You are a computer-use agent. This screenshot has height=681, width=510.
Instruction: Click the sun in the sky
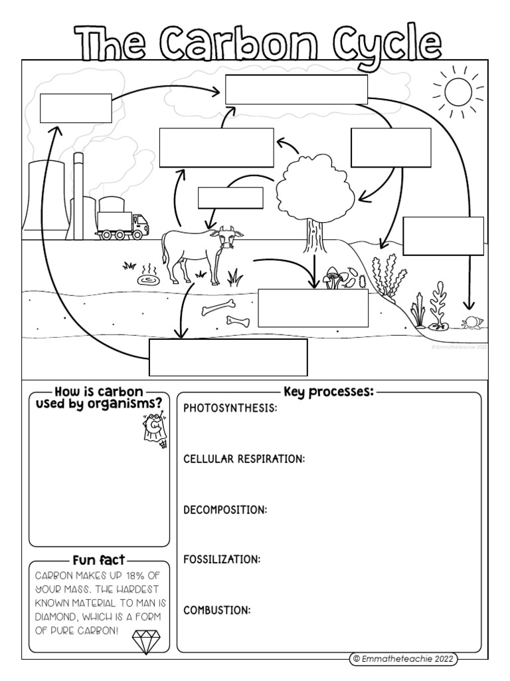458,92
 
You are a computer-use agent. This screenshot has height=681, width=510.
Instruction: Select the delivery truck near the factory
123,225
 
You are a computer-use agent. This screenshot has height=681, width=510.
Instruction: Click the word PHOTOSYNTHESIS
230,408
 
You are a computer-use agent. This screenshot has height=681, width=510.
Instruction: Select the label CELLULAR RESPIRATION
244,459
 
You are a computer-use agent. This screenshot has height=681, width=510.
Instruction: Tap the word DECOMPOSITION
225,509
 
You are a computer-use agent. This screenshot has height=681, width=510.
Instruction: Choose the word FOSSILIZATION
222,559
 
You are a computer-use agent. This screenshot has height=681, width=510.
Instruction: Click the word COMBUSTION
216,610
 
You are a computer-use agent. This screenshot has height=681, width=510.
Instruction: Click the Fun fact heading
98,559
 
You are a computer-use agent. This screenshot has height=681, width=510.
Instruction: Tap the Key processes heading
328,392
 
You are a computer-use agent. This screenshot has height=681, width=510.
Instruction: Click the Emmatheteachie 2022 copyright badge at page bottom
404,658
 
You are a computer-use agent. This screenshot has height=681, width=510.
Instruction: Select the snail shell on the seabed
472,323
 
